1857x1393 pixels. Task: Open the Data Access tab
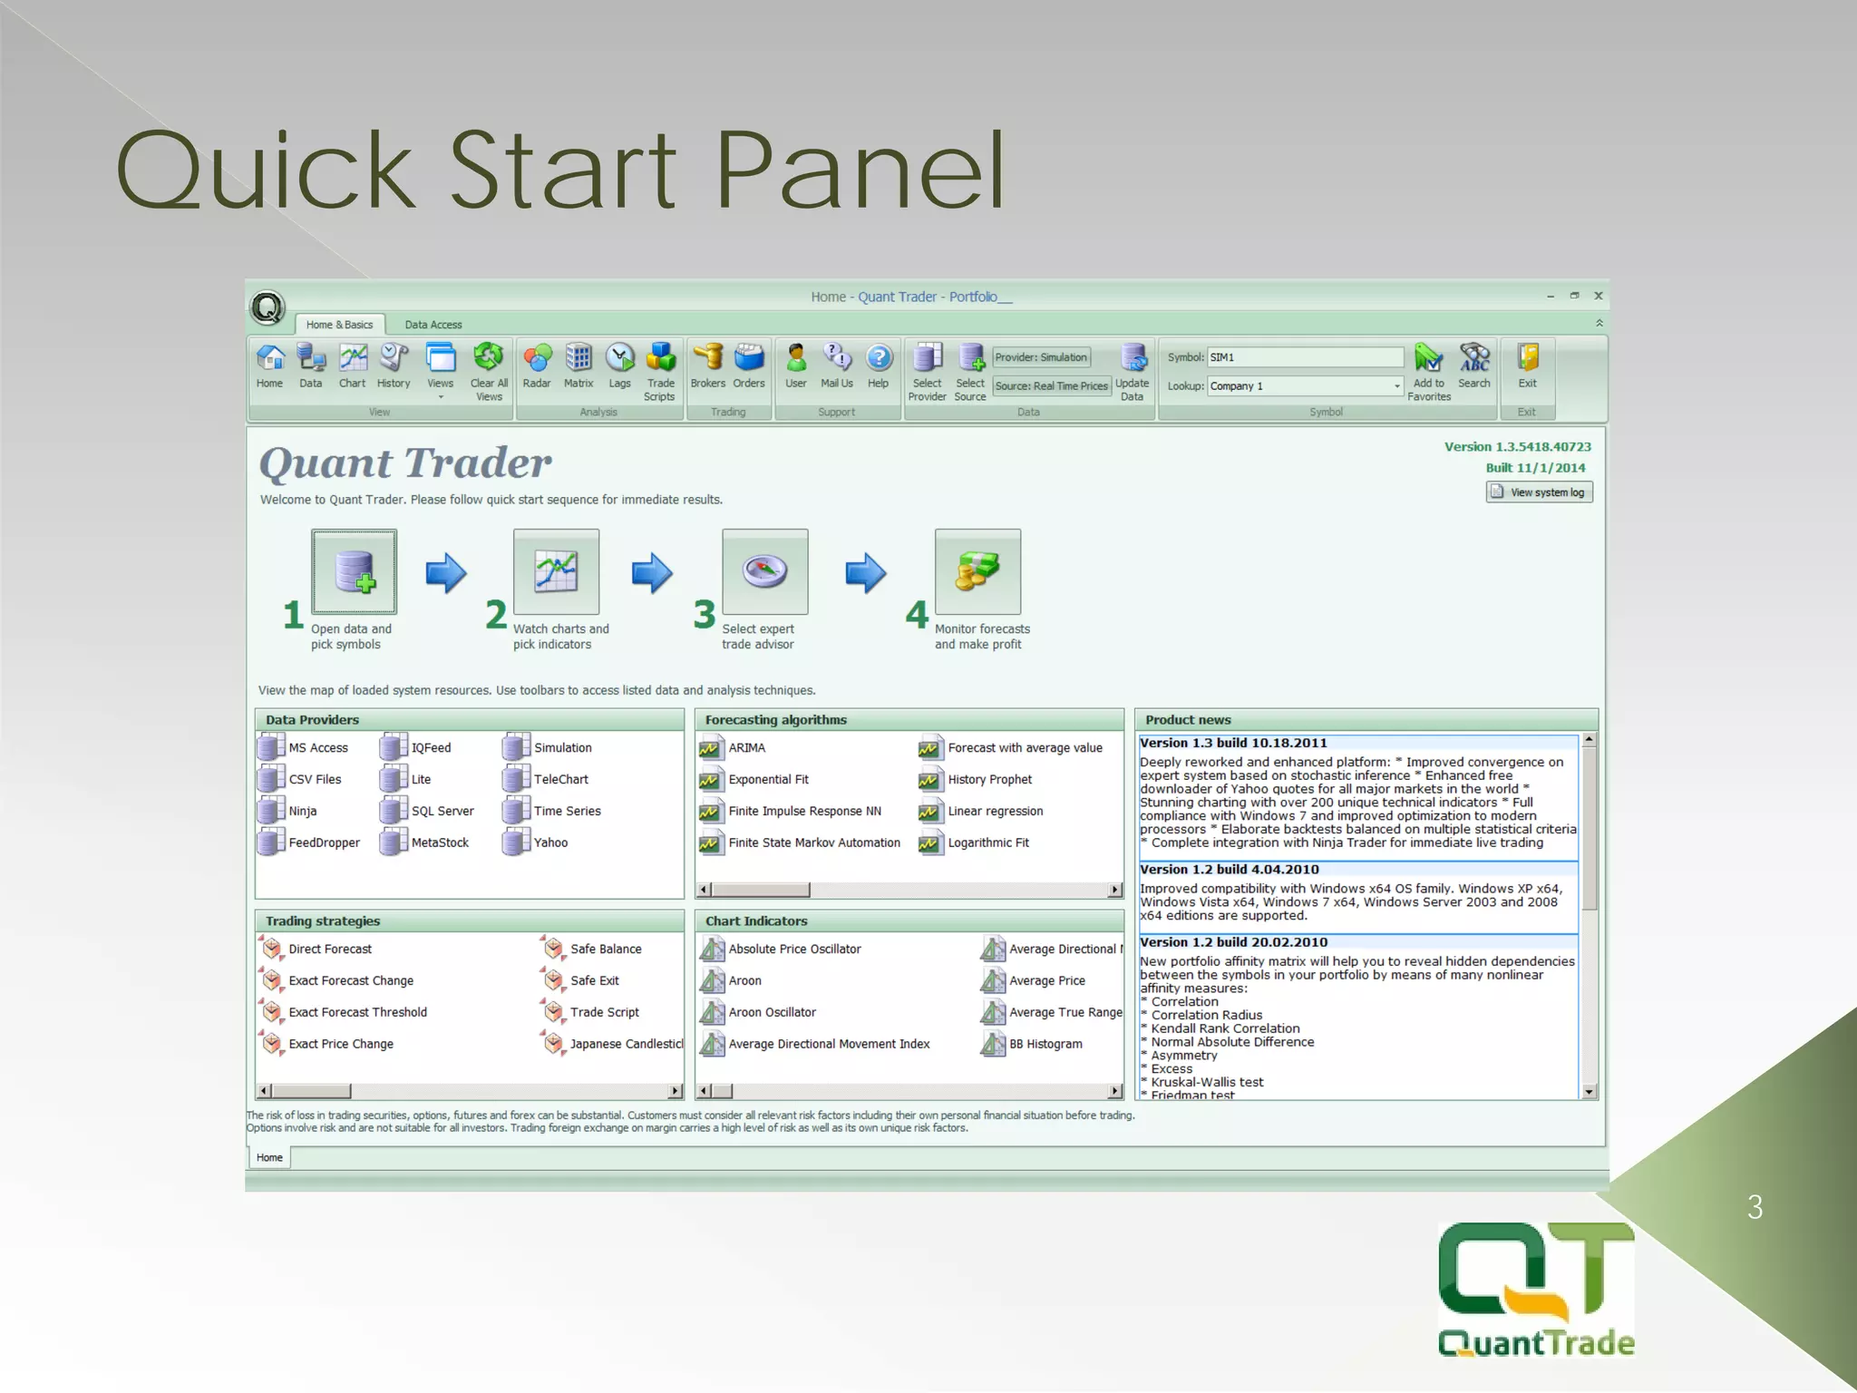(433, 325)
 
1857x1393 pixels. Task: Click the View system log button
(1539, 492)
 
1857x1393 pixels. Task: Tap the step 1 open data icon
(354, 572)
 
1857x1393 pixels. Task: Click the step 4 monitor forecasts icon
(977, 572)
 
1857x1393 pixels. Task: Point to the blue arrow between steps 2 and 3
(652, 573)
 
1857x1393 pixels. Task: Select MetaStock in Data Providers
(439, 843)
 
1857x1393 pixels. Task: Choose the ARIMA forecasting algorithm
(746, 748)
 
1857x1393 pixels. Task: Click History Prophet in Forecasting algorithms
(988, 780)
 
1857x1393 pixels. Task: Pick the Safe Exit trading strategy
(594, 980)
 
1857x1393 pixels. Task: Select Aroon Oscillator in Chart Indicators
(772, 1012)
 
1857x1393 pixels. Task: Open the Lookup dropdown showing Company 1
(1396, 386)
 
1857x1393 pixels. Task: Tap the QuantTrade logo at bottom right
(1536, 1289)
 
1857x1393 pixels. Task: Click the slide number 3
(1755, 1207)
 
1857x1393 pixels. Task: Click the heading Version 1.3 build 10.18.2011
(1233, 743)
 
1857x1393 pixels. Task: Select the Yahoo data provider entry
(549, 843)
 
